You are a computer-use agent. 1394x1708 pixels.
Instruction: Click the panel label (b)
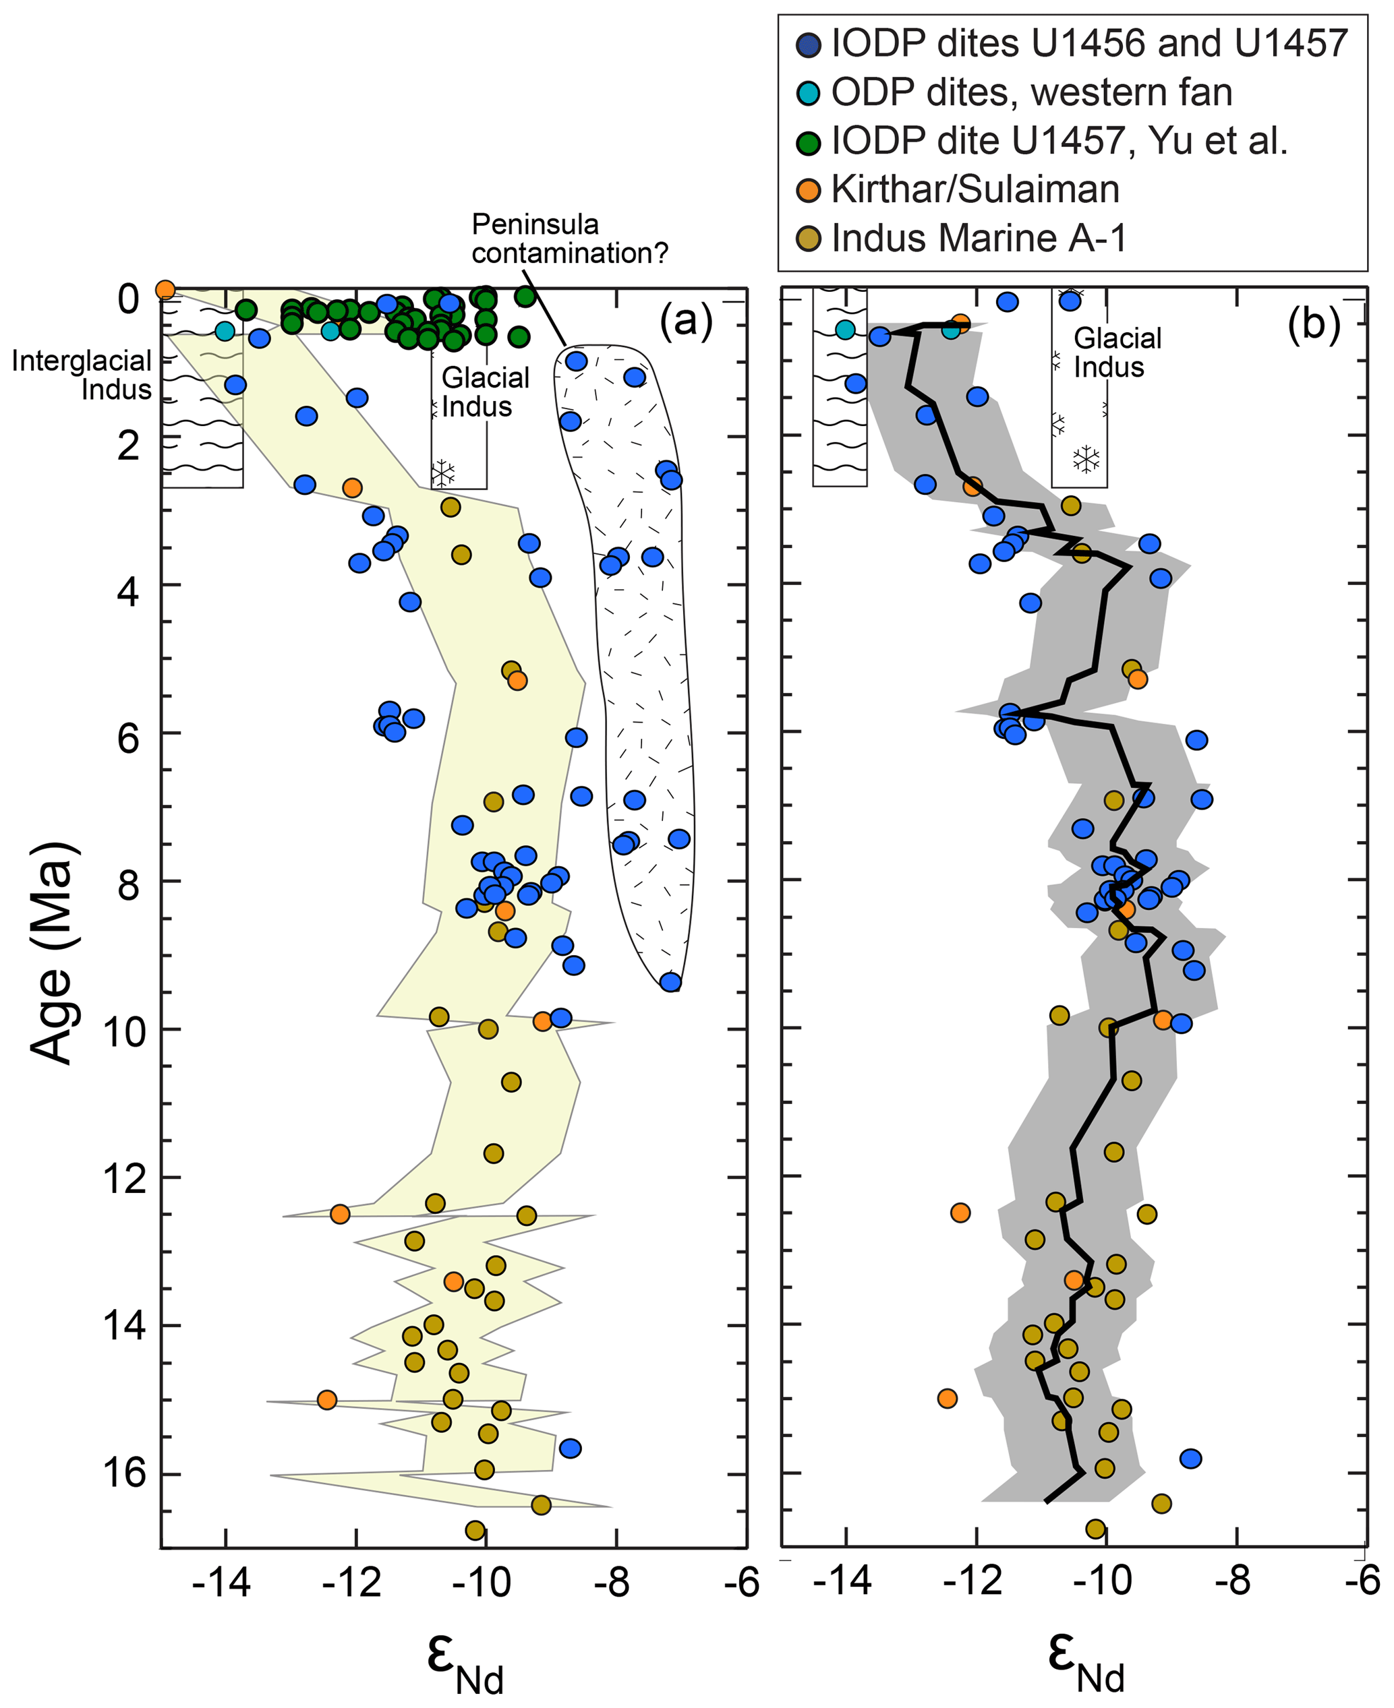(x=1314, y=324)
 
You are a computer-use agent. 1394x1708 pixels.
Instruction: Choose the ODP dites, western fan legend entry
(x=1031, y=92)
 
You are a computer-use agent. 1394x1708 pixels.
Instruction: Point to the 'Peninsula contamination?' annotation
(x=569, y=239)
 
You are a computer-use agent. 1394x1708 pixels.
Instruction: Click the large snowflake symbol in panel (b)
(x=1086, y=459)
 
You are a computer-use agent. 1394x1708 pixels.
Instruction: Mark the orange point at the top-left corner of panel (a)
(x=165, y=289)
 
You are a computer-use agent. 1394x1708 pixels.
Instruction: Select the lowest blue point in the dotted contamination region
(x=670, y=981)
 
